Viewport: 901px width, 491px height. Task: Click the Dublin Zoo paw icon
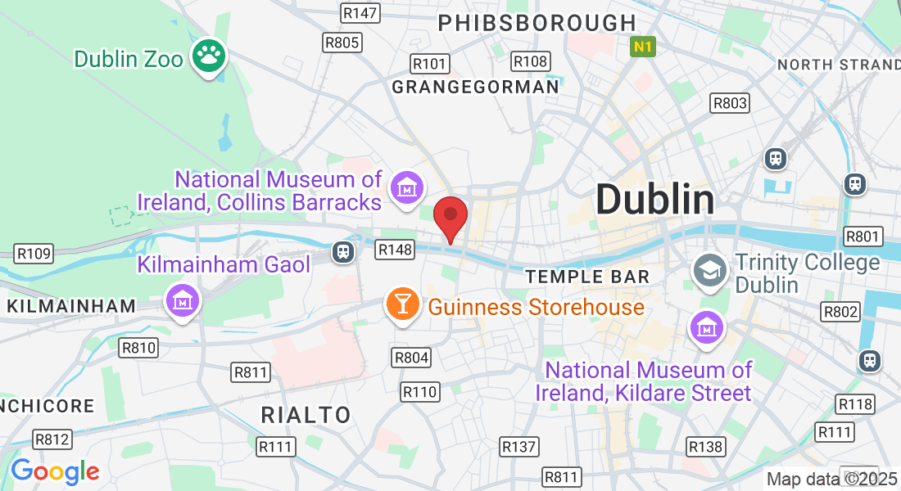point(209,56)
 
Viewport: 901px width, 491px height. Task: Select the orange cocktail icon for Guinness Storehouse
point(402,304)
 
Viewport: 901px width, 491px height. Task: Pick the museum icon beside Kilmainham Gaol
point(182,301)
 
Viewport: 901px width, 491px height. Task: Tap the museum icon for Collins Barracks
point(405,188)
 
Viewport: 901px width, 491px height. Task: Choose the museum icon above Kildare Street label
point(705,327)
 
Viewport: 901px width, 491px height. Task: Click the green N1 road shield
point(643,47)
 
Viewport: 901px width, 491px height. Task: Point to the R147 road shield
point(360,13)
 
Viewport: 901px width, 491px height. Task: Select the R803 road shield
point(729,102)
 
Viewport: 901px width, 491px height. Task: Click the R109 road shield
point(34,254)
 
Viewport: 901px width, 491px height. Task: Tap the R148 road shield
point(394,249)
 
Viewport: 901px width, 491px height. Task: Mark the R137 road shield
point(519,446)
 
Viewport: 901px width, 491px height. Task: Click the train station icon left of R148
point(342,252)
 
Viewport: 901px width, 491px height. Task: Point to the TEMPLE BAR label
point(587,277)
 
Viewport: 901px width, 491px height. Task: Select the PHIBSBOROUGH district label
point(537,23)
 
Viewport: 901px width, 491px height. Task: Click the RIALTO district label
point(306,414)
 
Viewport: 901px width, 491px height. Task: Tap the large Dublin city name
point(654,199)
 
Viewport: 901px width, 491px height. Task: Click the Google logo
point(55,471)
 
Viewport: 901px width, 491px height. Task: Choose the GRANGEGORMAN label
point(475,86)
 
